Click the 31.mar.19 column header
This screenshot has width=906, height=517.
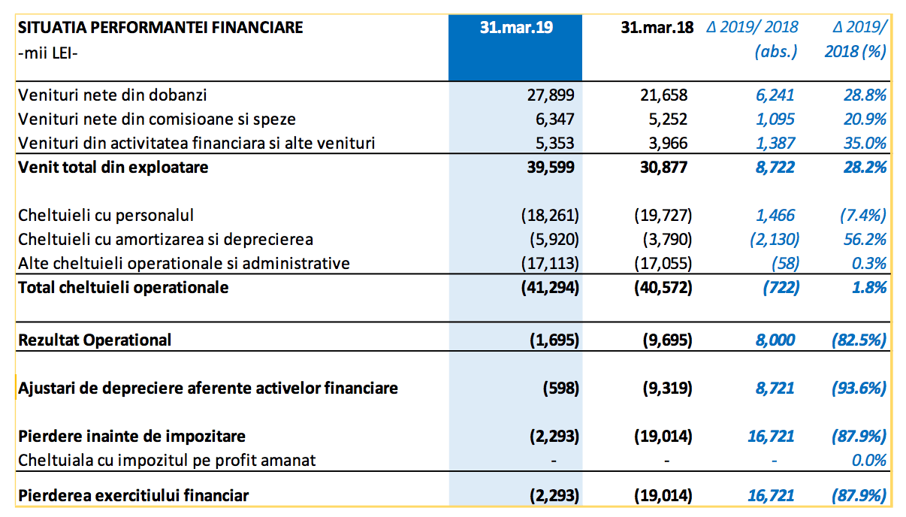click(516, 28)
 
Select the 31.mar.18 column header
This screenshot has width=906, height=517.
click(657, 28)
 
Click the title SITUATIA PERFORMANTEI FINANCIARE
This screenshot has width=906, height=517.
click(161, 28)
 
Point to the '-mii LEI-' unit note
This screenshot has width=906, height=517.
click(48, 53)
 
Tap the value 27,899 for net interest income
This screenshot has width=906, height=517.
click(551, 95)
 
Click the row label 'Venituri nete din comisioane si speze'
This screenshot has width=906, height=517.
click(157, 119)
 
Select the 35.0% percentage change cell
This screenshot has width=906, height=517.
click(865, 144)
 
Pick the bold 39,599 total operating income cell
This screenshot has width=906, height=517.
click(551, 167)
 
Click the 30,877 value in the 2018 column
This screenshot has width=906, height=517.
click(664, 167)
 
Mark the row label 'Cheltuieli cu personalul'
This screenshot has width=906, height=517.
click(106, 215)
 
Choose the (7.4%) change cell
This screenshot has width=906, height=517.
click(863, 215)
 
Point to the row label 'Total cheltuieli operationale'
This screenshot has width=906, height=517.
click(123, 288)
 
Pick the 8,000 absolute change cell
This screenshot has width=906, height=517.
click(775, 340)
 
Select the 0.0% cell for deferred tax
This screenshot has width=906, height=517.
click(868, 461)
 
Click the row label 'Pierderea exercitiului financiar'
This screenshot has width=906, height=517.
click(134, 495)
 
